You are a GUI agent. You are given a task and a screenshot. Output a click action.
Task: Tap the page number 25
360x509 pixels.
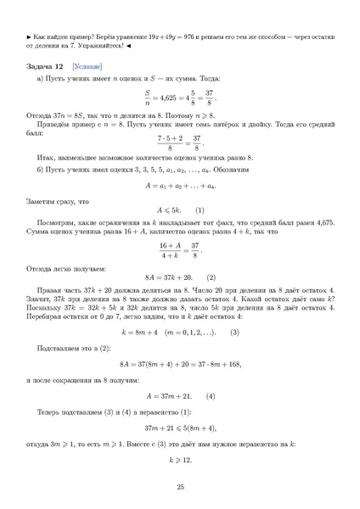[180, 487]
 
